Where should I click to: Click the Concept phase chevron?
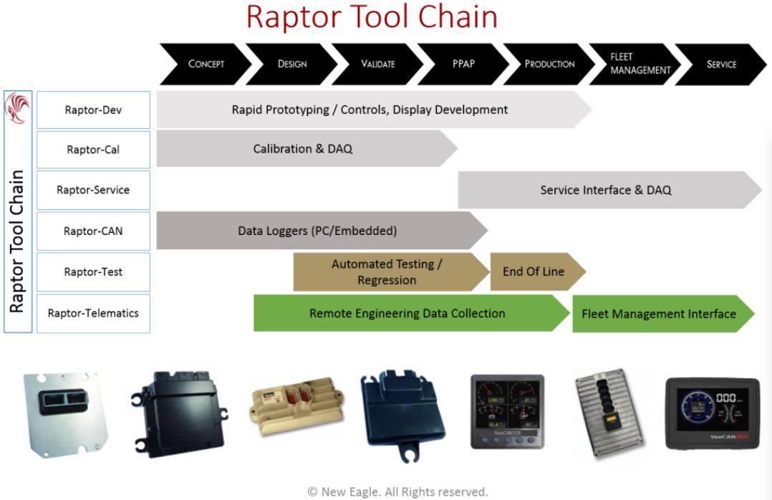(x=206, y=64)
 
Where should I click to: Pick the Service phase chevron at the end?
(x=720, y=64)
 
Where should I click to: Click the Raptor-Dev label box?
(x=93, y=110)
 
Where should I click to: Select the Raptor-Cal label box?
(x=93, y=150)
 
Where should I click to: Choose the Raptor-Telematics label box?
(x=93, y=313)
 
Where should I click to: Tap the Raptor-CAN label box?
(x=93, y=231)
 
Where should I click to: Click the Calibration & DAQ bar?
(x=303, y=149)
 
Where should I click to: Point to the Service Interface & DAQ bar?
(x=606, y=190)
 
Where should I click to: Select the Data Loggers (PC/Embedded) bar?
(x=317, y=231)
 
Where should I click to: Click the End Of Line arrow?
(x=534, y=271)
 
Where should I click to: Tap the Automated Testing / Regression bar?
(x=387, y=272)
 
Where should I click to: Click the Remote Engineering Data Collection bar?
(x=407, y=313)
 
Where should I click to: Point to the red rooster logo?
(x=16, y=110)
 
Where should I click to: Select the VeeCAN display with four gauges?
(x=506, y=411)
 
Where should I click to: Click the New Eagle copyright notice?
(x=397, y=491)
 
